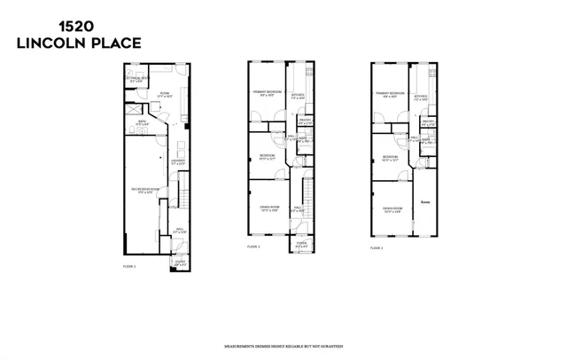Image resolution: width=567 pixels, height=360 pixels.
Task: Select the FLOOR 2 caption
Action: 252,246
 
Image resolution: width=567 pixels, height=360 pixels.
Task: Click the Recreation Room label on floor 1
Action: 144,190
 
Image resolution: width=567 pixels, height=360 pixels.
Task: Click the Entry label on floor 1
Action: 180,262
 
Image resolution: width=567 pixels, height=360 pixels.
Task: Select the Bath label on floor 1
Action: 141,123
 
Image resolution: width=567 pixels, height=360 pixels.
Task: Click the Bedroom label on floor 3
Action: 390,158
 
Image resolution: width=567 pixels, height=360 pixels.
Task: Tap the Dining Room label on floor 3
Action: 390,209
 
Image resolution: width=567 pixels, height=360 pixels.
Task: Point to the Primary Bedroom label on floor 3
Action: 390,93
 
